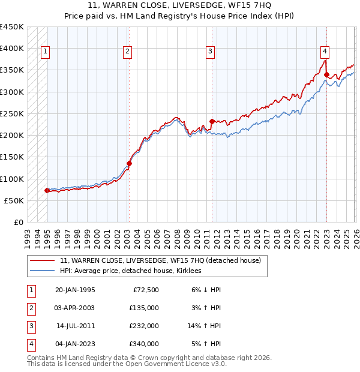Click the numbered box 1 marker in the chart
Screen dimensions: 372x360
click(x=46, y=52)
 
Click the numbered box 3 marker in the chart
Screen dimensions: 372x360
click(x=211, y=52)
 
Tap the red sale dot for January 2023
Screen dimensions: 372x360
click(x=326, y=75)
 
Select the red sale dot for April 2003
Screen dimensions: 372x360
click(x=129, y=163)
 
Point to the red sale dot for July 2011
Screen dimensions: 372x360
click(x=212, y=121)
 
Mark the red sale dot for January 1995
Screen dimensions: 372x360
click(x=47, y=190)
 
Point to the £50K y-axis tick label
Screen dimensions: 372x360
click(x=14, y=200)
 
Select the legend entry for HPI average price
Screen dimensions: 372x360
click(x=130, y=271)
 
